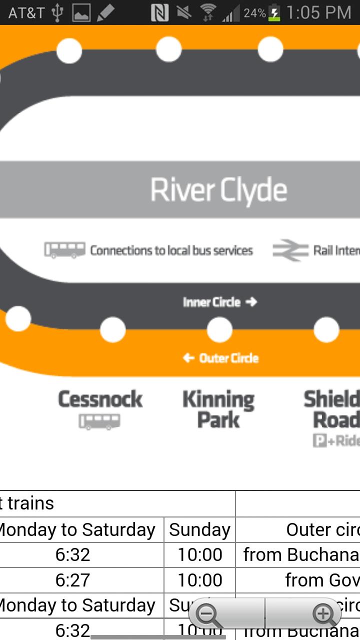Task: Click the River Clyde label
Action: click(219, 190)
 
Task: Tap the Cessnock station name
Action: click(100, 399)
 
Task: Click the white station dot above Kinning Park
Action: click(219, 330)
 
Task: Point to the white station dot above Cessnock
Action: click(112, 330)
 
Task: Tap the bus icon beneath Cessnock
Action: click(99, 421)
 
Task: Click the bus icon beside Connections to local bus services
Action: click(64, 250)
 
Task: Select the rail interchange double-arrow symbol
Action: click(290, 250)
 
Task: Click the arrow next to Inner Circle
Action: click(251, 302)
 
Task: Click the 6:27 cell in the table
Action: click(72, 580)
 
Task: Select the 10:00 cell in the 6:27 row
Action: click(199, 580)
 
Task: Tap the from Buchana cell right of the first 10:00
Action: click(300, 555)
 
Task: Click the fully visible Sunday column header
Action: click(199, 530)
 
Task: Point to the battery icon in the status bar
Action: click(274, 13)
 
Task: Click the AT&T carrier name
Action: click(26, 13)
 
